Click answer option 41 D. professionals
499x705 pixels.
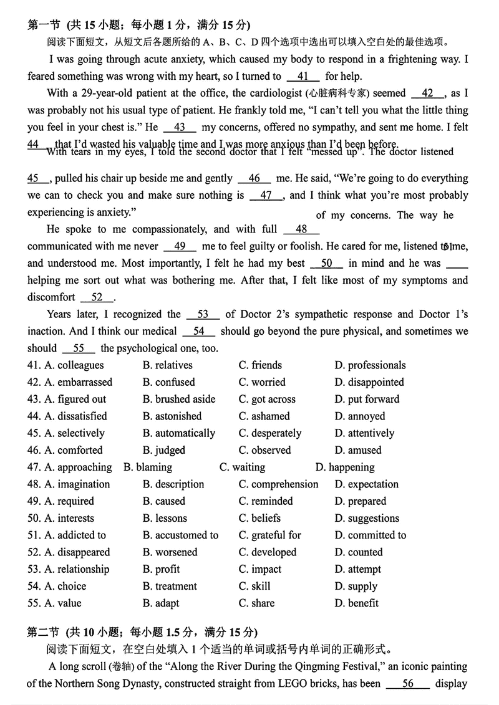click(370, 365)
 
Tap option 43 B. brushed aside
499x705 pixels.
click(178, 399)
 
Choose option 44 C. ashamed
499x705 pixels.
click(264, 416)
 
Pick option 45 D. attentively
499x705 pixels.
click(364, 433)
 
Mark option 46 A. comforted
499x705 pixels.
click(73, 450)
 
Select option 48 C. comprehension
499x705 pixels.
click(278, 484)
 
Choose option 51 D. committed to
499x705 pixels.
click(370, 535)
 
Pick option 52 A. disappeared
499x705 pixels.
click(77, 552)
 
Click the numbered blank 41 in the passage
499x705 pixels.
click(304, 77)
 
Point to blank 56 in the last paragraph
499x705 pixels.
click(408, 683)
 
